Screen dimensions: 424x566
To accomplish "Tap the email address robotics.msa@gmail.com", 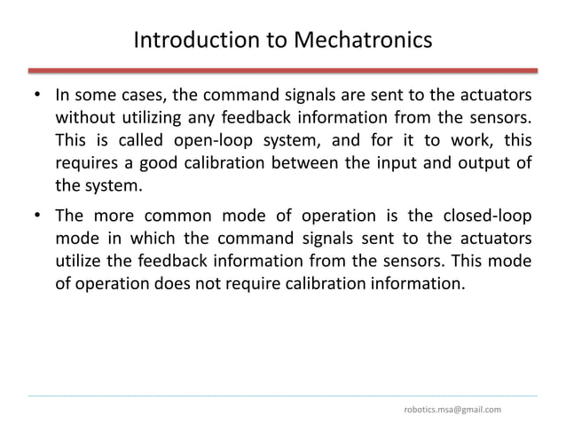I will pyautogui.click(x=452, y=409).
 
